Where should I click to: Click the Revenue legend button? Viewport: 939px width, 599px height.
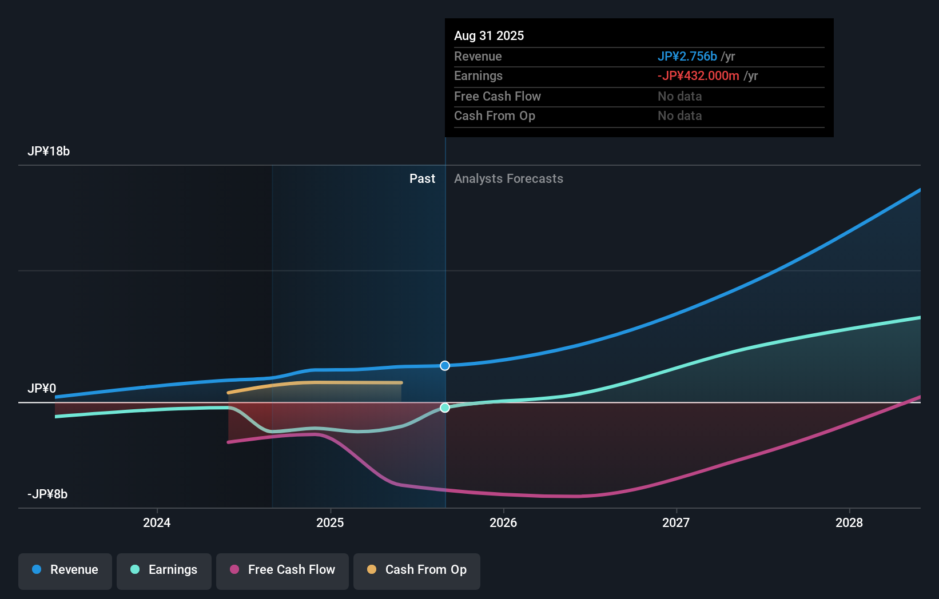point(65,570)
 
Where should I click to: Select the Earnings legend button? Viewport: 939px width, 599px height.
point(164,570)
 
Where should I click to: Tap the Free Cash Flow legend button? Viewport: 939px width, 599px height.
point(283,570)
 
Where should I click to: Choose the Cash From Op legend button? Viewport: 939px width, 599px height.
point(417,570)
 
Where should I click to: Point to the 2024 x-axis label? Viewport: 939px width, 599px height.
point(157,522)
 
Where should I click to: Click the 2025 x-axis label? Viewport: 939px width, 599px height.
point(330,522)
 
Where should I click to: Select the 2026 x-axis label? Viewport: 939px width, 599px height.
point(503,522)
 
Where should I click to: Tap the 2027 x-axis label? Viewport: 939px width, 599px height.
point(676,522)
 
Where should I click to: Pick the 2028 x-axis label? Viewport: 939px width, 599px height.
point(849,522)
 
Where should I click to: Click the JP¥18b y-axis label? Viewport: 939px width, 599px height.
point(49,151)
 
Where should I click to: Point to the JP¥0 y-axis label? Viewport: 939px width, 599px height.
point(42,389)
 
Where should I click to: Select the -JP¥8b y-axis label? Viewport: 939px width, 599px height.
point(47,494)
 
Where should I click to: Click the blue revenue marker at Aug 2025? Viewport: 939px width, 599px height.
point(445,366)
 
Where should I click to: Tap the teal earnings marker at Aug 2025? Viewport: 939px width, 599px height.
point(445,408)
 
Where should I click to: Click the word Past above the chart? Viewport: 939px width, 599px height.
point(422,179)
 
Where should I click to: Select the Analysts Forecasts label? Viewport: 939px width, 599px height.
point(508,179)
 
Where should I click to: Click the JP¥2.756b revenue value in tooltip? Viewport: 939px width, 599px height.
point(687,57)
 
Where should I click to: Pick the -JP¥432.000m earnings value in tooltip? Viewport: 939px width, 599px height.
point(698,76)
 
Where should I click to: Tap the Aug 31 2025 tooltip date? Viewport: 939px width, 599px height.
point(489,36)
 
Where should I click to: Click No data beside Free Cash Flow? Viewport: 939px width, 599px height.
point(679,97)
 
